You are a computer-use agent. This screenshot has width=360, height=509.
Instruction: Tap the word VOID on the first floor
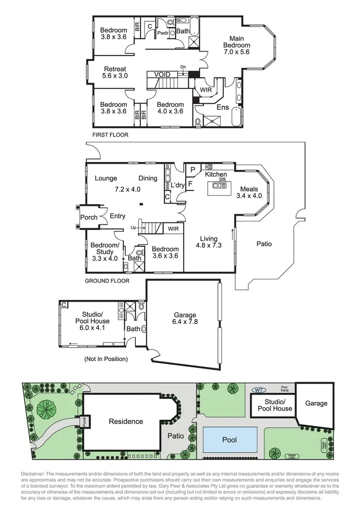coord(162,75)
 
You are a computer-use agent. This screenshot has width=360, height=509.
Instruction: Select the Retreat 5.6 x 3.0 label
coord(114,72)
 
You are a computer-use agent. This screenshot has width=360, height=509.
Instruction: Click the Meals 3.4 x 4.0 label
coord(249,192)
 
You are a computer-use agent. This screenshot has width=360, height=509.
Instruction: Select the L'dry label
coord(178,184)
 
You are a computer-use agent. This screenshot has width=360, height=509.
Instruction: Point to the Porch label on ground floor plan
coord(89,217)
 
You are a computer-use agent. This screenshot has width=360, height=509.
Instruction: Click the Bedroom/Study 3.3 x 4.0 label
coord(102,252)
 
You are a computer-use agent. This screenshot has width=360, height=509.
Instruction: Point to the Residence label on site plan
coord(126,421)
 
